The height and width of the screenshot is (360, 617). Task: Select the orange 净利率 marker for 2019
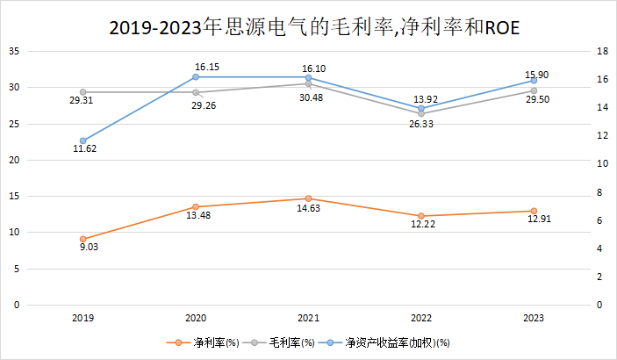83,239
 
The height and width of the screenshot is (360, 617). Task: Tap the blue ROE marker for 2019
83,140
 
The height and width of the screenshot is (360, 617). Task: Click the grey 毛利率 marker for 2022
421,114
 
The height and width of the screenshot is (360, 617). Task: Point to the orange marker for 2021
308,198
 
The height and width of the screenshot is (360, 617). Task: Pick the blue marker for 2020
196,76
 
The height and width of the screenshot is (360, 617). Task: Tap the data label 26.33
420,125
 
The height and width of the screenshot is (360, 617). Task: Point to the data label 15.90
536,75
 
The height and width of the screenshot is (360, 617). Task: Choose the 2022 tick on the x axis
421,318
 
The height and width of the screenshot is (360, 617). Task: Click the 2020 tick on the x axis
196,318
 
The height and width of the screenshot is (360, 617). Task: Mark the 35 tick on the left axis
14,51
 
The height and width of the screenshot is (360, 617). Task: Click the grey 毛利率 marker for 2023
534,90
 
